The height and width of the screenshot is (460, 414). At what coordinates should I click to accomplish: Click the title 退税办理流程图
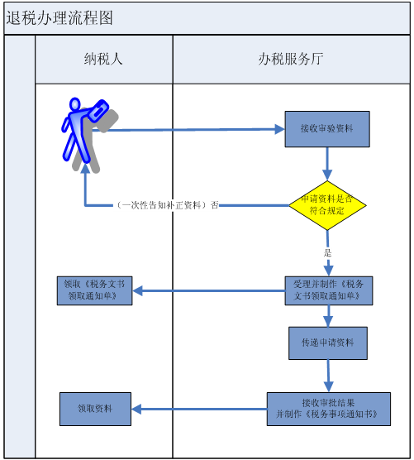point(59,17)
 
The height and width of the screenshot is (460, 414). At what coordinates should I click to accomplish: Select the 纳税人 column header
point(103,59)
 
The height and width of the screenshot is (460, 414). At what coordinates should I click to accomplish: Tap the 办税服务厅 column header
point(291,59)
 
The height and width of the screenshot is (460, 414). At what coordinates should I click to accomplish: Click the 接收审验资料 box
point(327,129)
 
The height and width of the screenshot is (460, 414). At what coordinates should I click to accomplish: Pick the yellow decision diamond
point(327,205)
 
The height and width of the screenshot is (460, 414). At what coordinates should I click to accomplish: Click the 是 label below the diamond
point(328,252)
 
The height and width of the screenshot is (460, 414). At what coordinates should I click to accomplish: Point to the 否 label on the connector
point(215,205)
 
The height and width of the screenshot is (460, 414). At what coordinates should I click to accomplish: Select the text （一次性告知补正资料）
point(161,205)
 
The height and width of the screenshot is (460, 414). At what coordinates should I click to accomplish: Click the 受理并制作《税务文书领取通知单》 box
point(329,290)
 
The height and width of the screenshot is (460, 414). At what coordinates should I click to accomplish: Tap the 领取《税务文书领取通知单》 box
point(94,290)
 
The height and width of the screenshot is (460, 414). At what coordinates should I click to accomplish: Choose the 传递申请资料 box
point(328,343)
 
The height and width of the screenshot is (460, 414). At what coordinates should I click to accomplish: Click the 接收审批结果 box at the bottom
point(328,409)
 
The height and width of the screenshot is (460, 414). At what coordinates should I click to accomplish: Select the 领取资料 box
point(95,409)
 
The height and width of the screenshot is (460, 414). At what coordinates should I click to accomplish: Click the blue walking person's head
point(75,104)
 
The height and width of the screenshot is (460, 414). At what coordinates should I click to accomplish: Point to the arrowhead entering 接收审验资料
point(279,129)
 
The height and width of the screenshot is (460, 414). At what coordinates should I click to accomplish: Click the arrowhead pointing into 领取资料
point(136,409)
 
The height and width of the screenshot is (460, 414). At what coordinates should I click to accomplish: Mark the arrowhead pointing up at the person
point(85,168)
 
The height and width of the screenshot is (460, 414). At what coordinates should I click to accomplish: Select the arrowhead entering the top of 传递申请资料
point(328,322)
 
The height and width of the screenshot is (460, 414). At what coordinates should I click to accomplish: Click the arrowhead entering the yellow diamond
point(327,175)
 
